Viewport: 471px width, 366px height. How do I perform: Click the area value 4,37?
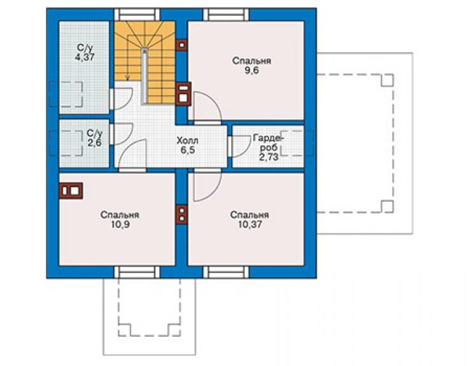pyautogui.click(x=85, y=57)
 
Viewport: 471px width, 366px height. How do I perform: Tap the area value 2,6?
pyautogui.click(x=94, y=143)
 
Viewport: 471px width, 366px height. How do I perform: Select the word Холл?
pyautogui.click(x=187, y=140)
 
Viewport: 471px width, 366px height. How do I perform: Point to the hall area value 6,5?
pyautogui.click(x=188, y=150)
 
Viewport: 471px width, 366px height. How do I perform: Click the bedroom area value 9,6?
pyautogui.click(x=251, y=71)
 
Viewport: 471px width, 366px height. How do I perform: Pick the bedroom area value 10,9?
pyautogui.click(x=120, y=225)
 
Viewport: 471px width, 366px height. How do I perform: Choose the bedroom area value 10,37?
pyautogui.click(x=250, y=224)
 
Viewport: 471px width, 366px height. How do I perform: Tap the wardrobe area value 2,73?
pyautogui.click(x=269, y=157)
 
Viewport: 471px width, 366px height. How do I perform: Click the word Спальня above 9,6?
pyautogui.click(x=251, y=61)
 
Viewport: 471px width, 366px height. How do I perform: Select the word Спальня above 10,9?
pyautogui.click(x=120, y=215)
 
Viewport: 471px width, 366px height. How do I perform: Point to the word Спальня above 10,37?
pyautogui.click(x=250, y=215)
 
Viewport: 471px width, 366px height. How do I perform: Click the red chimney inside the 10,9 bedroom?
pyautogui.click(x=71, y=190)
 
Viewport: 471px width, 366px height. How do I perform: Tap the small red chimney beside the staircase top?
pyautogui.click(x=181, y=45)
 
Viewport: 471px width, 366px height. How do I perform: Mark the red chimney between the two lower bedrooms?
pyautogui.click(x=181, y=215)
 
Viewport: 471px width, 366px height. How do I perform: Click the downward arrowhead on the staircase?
pyautogui.click(x=128, y=78)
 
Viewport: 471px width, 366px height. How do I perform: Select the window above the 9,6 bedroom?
pyautogui.click(x=226, y=15)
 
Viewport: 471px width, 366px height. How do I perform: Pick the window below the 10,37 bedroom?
pyautogui.click(x=226, y=272)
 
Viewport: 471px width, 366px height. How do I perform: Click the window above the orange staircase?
pyautogui.click(x=137, y=15)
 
